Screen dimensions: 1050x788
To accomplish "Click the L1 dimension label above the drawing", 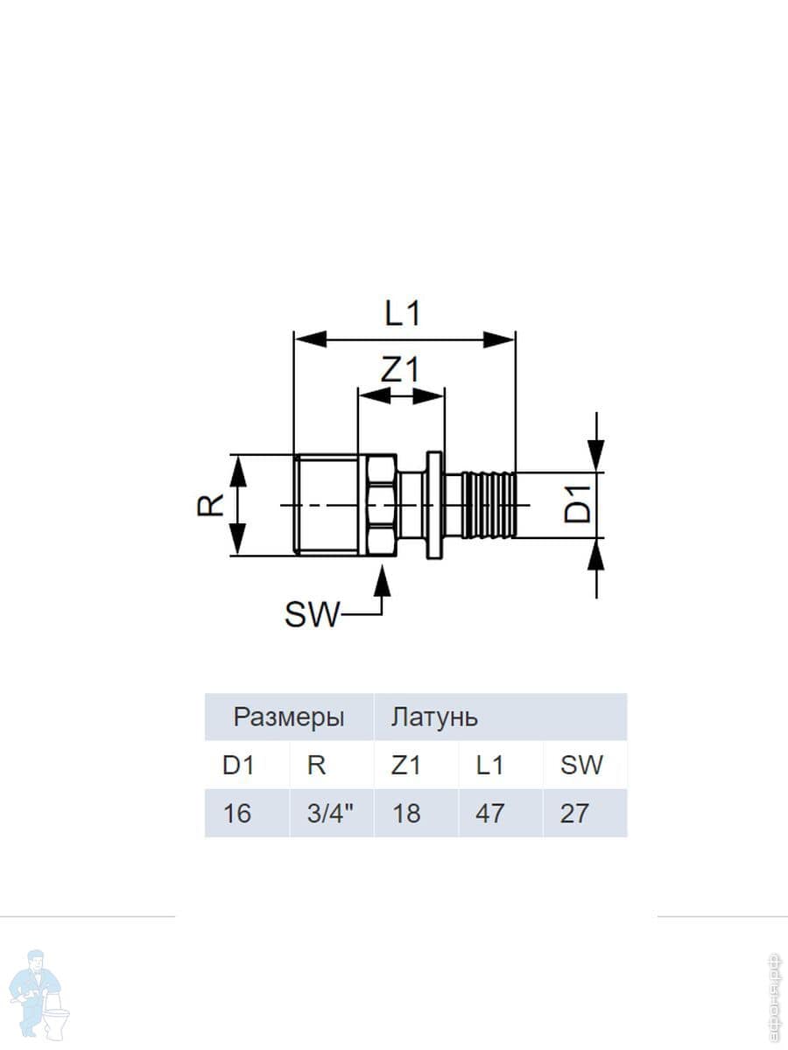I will pyautogui.click(x=403, y=313).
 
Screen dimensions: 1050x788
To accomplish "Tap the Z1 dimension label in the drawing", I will pyautogui.click(x=400, y=371).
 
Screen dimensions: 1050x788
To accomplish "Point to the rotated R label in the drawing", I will pyautogui.click(x=211, y=504).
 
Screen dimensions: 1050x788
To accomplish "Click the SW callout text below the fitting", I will pyautogui.click(x=311, y=616).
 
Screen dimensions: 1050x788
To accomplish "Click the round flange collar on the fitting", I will pyautogui.click(x=433, y=504).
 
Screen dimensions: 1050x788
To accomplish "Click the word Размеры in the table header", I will pyautogui.click(x=289, y=718).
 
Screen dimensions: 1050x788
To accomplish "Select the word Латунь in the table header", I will pyautogui.click(x=434, y=718).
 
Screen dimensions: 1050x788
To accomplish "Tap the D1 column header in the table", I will pyautogui.click(x=237, y=766).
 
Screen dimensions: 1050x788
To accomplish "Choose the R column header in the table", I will pyautogui.click(x=317, y=766).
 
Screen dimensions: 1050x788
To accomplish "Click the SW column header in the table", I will pyautogui.click(x=582, y=766).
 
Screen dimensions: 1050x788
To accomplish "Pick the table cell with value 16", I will pyautogui.click(x=237, y=814).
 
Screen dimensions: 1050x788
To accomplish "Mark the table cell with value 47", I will pyautogui.click(x=489, y=814).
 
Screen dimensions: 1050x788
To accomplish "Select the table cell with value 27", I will pyautogui.click(x=574, y=814).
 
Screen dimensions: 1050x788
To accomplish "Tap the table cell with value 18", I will pyautogui.click(x=406, y=814).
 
